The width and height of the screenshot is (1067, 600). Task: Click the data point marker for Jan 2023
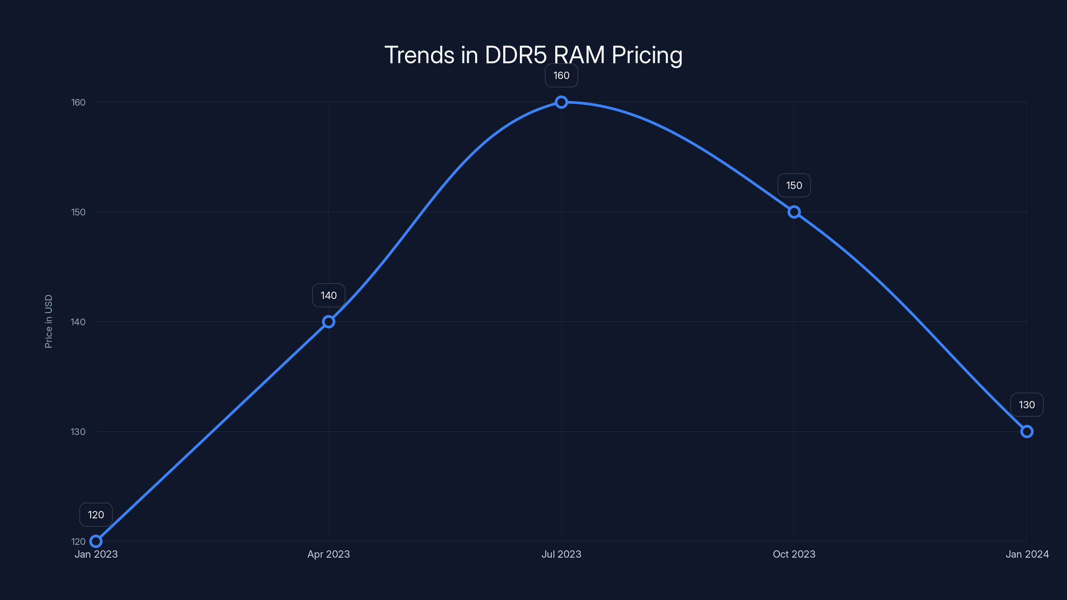[96, 541]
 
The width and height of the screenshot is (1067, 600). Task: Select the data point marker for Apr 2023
[328, 322]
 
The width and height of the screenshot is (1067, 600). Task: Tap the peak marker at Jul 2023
[561, 102]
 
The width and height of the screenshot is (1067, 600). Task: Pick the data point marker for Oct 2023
[794, 212]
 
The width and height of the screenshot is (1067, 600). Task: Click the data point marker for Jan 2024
[1027, 431]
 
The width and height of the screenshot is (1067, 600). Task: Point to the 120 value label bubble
[96, 515]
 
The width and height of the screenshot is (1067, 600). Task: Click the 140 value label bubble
[328, 295]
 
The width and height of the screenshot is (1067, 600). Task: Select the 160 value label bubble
[561, 75]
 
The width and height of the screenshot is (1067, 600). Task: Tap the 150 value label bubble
[794, 186]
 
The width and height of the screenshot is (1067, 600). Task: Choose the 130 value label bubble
[1027, 405]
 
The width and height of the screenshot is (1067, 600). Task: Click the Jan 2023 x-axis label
[96, 554]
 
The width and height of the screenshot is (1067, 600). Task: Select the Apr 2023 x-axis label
[328, 554]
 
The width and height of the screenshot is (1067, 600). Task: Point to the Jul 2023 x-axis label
[561, 554]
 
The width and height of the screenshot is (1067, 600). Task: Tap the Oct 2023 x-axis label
[794, 554]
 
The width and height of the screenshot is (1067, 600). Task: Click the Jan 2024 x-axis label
[1027, 554]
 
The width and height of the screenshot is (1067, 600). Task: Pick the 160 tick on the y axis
[78, 102]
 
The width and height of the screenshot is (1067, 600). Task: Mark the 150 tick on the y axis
[78, 212]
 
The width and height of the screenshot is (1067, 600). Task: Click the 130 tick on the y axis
[78, 431]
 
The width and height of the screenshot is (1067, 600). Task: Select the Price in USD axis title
[48, 321]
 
